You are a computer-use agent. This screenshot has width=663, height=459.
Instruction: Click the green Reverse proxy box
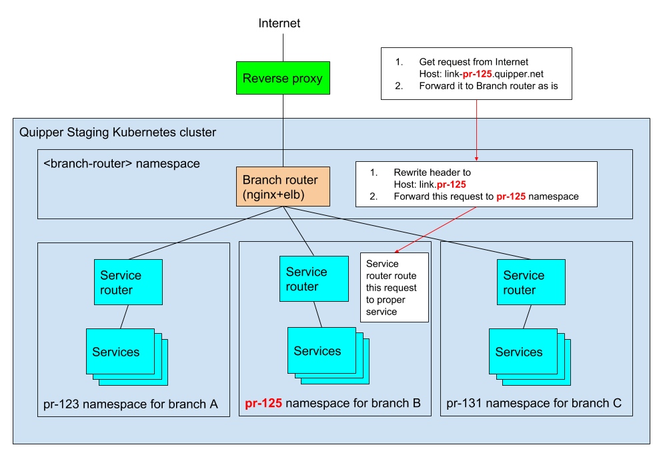(283, 78)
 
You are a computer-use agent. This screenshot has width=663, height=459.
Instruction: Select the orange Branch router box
(283, 187)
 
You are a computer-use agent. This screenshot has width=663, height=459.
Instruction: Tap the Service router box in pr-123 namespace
(128, 282)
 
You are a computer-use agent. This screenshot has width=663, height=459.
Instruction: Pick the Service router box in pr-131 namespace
(531, 282)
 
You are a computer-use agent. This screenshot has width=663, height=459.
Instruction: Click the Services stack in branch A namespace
(120, 351)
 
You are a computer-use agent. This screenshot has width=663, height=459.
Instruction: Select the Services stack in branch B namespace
(321, 350)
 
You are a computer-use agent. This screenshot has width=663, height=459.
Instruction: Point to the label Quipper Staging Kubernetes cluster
(118, 133)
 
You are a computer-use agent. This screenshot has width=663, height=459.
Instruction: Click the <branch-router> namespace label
(121, 163)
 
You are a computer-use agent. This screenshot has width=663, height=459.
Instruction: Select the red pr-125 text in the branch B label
(263, 403)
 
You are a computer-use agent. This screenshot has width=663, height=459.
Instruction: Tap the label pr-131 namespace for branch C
(534, 403)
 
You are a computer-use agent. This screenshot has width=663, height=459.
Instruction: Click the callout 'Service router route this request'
(394, 287)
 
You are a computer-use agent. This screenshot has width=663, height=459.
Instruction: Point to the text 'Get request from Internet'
(474, 62)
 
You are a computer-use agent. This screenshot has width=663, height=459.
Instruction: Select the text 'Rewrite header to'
(432, 173)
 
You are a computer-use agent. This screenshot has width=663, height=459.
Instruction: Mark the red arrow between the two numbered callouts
(476, 131)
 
